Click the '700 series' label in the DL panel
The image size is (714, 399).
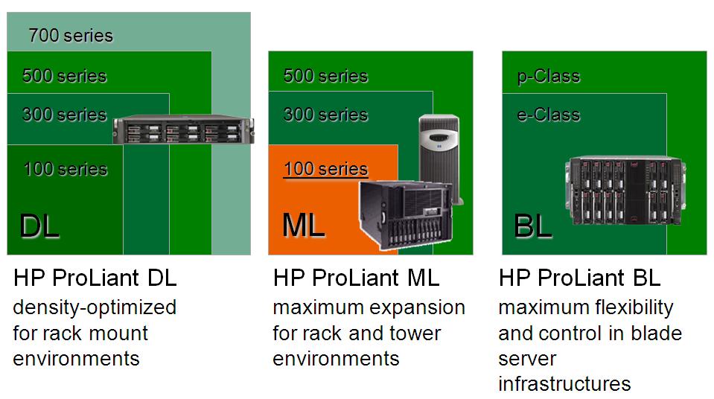pyautogui.click(x=71, y=36)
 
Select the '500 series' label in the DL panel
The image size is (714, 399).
pyautogui.click(x=64, y=76)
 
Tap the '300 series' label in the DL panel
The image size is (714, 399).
pyautogui.click(x=64, y=115)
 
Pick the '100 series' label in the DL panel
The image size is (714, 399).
pyautogui.click(x=66, y=169)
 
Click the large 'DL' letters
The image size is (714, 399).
pyautogui.click(x=39, y=226)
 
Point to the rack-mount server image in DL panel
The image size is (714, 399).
pyautogui.click(x=183, y=130)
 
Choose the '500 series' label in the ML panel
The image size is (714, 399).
pyautogui.click(x=325, y=76)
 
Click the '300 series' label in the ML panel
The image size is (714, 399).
pyautogui.click(x=325, y=115)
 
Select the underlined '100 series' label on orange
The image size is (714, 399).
pyautogui.click(x=325, y=169)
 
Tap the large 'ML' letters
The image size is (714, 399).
pyautogui.click(x=304, y=225)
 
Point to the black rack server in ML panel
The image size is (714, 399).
pyautogui.click(x=406, y=215)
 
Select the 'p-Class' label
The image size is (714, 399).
pyautogui.click(x=549, y=76)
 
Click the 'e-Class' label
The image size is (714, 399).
pyautogui.click(x=549, y=115)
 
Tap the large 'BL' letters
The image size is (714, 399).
pyautogui.click(x=533, y=226)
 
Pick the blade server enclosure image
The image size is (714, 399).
pyautogui.click(x=625, y=191)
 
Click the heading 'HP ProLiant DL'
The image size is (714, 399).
pyautogui.click(x=95, y=278)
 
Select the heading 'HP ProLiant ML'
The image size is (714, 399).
pyautogui.click(x=356, y=278)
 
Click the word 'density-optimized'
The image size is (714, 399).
pyautogui.click(x=95, y=308)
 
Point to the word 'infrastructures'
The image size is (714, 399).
pyautogui.click(x=564, y=383)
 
